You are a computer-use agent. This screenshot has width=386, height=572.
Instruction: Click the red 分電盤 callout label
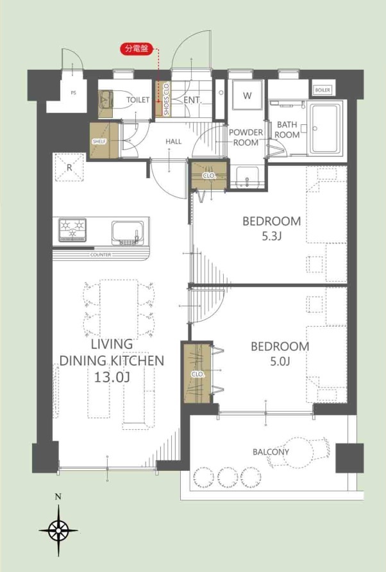pos(137,49)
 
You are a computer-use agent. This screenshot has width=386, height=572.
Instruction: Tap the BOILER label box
pos(323,90)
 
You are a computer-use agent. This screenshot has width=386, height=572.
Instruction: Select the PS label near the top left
pos(73,93)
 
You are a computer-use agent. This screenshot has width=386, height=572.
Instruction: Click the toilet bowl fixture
pos(112,99)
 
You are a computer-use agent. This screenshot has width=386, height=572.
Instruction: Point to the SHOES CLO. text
pos(167,99)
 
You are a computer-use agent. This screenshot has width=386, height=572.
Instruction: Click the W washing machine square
pos(248,95)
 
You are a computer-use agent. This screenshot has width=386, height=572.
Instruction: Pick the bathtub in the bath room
pos(326,128)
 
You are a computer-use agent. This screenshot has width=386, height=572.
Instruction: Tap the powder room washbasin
pos(248,177)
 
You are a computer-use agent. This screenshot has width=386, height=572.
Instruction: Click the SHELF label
pos(99,141)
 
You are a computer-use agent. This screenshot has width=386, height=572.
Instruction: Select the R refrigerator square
pos(69,167)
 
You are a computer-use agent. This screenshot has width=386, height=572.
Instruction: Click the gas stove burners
pos(72,230)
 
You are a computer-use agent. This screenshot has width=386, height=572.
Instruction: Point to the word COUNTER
pos(101,255)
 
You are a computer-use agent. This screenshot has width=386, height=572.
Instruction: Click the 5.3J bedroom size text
pos(272,236)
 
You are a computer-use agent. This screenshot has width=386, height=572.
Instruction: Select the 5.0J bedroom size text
pos(280,361)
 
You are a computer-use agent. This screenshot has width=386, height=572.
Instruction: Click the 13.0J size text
pos(112,377)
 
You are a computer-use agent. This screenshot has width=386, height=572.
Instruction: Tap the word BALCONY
pos(271,452)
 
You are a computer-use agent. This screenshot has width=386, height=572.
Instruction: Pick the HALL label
pos(174,141)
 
